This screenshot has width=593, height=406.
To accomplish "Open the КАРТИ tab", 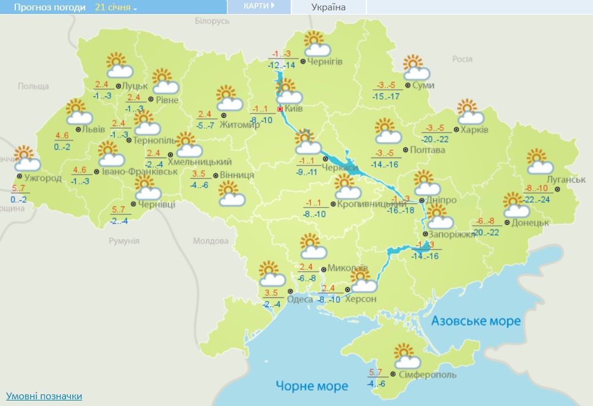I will pyautogui.click(x=259, y=7).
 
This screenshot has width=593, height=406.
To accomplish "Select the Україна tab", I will pyautogui.click(x=329, y=7).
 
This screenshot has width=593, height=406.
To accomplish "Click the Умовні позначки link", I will pyautogui.click(x=44, y=396).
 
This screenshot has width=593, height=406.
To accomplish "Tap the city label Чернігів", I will pyautogui.click(x=325, y=62).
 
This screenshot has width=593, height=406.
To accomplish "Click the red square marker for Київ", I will pyautogui.click(x=280, y=109).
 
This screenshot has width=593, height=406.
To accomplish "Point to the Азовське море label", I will pyautogui.click(x=476, y=321).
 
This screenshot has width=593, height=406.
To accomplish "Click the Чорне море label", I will pyautogui.click(x=311, y=386).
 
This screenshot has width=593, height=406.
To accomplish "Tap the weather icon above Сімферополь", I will pyautogui.click(x=406, y=355).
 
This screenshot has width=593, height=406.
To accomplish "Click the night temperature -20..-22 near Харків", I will pyautogui.click(x=436, y=139).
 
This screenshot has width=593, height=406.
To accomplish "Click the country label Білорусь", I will pyautogui.click(x=212, y=21).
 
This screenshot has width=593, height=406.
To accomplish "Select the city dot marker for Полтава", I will pyautogui.click(x=406, y=150).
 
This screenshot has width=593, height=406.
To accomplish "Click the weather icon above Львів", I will pyautogui.click(x=77, y=112).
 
